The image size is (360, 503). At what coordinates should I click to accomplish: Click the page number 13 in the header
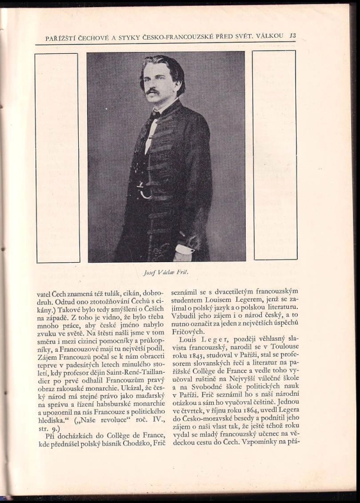[x=292, y=36]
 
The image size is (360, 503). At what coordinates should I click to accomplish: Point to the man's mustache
[x=153, y=92]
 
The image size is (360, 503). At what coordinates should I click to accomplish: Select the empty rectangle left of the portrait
[x=57, y=157]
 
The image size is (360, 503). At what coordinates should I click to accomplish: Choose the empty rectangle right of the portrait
[x=274, y=154]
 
